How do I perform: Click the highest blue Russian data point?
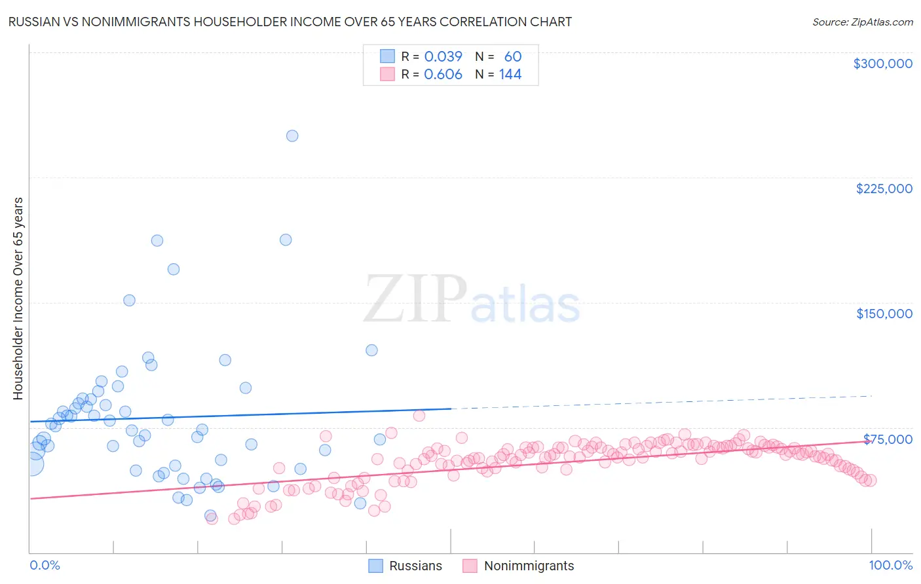(x=292, y=136)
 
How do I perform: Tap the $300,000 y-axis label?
(x=882, y=64)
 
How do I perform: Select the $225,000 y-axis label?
(x=884, y=189)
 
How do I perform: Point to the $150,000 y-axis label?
(x=884, y=314)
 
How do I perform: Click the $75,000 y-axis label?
(x=888, y=439)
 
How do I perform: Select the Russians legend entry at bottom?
(x=415, y=566)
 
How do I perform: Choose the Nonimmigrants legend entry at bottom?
(x=529, y=566)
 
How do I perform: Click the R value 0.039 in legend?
(x=443, y=56)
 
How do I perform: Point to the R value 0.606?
(x=443, y=74)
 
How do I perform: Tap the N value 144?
(x=510, y=74)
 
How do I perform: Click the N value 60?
(x=512, y=56)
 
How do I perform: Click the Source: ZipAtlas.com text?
(x=862, y=22)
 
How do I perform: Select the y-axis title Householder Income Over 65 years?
(x=18, y=299)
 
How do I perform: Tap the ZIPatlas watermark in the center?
(x=472, y=300)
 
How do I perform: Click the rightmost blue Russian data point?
(x=380, y=439)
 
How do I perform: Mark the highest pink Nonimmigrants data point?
(x=419, y=415)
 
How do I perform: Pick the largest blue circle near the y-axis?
(x=32, y=464)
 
